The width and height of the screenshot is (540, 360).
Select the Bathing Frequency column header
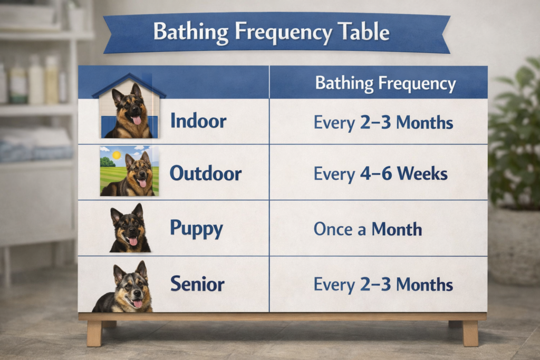[385, 83]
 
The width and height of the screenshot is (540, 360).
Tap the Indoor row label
[198, 121]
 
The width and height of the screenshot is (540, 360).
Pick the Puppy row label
[196, 229]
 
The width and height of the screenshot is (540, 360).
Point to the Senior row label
[197, 285]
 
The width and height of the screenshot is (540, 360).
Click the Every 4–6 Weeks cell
[380, 173]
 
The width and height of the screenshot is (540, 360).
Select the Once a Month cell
[368, 229]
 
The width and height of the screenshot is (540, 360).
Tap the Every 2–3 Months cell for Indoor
[383, 122]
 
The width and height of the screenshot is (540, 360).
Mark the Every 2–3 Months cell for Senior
[383, 285]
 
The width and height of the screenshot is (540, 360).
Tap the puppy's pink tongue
[133, 241]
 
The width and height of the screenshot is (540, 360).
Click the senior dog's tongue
[137, 304]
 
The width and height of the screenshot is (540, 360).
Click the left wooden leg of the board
[94, 333]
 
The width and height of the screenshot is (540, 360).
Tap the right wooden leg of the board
[469, 333]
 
